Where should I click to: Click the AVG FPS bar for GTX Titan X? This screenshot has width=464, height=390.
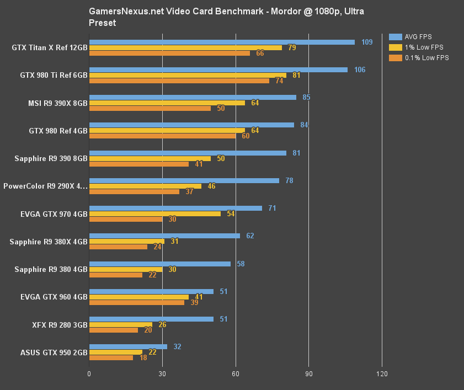tap(221, 42)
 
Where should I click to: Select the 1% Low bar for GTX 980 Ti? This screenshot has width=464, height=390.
tap(188, 75)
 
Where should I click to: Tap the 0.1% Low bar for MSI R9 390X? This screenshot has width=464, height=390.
tap(150, 108)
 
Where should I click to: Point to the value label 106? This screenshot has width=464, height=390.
tap(360, 70)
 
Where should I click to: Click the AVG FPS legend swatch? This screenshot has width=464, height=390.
tap(395, 37)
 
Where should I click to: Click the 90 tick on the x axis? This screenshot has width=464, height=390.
tap(308, 374)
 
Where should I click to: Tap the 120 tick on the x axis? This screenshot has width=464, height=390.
tap(381, 374)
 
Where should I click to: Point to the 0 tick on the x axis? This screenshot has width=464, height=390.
tap(89, 374)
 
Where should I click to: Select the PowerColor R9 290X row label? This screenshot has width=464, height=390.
tap(45, 186)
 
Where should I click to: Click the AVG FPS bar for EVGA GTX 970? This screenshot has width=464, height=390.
tap(175, 208)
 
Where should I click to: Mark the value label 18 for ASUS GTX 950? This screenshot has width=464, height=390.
tap(143, 358)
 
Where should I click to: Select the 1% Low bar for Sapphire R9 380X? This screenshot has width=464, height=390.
tap(127, 241)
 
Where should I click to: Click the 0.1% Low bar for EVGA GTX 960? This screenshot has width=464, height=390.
tap(137, 302)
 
